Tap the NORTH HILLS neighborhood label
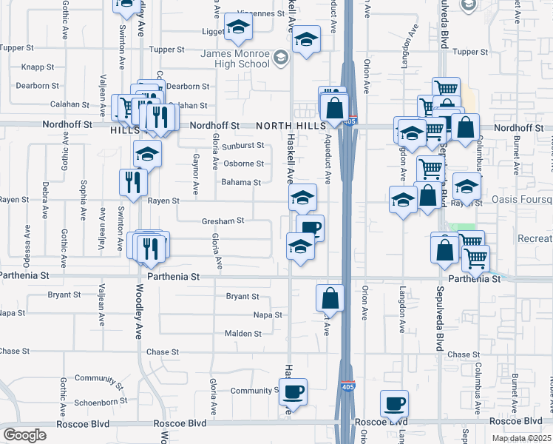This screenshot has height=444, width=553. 288,126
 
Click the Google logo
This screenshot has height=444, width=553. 24,435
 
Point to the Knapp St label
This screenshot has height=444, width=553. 38,67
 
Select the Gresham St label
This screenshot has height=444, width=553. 223,221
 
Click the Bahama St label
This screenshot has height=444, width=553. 241,182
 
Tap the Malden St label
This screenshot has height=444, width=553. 242,334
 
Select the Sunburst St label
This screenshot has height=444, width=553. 243,146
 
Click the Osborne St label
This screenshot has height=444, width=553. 243,164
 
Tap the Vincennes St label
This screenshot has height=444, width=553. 262,14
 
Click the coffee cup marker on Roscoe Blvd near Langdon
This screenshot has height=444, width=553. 394,403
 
